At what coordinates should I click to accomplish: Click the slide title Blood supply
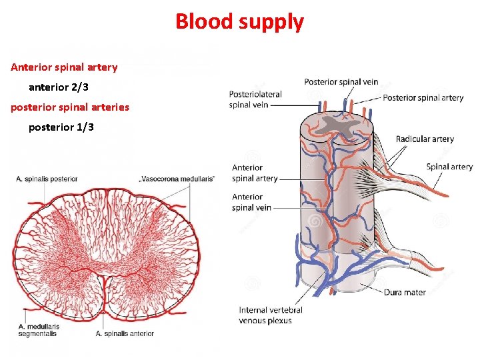[x=239, y=21]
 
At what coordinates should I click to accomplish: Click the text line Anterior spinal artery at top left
[x=64, y=67]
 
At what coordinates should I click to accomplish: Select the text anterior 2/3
[x=59, y=87]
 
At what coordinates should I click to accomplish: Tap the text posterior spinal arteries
[x=70, y=107]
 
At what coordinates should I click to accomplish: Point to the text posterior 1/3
[x=61, y=127]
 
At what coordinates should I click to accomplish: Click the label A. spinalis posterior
[x=47, y=179]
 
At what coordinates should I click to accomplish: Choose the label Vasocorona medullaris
[x=177, y=179]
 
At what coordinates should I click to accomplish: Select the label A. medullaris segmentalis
[x=39, y=329]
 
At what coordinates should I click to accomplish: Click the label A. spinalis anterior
[x=125, y=333]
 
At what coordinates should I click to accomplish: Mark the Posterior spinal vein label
[x=341, y=82]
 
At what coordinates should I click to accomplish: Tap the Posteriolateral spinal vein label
[x=255, y=99]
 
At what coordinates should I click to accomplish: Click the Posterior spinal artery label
[x=423, y=97]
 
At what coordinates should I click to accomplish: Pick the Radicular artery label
[x=425, y=139]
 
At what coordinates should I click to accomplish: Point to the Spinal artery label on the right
[x=449, y=167]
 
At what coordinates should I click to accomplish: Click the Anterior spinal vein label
[x=251, y=202]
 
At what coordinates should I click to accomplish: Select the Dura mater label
[x=405, y=292]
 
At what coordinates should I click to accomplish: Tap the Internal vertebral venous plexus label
[x=271, y=315]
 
